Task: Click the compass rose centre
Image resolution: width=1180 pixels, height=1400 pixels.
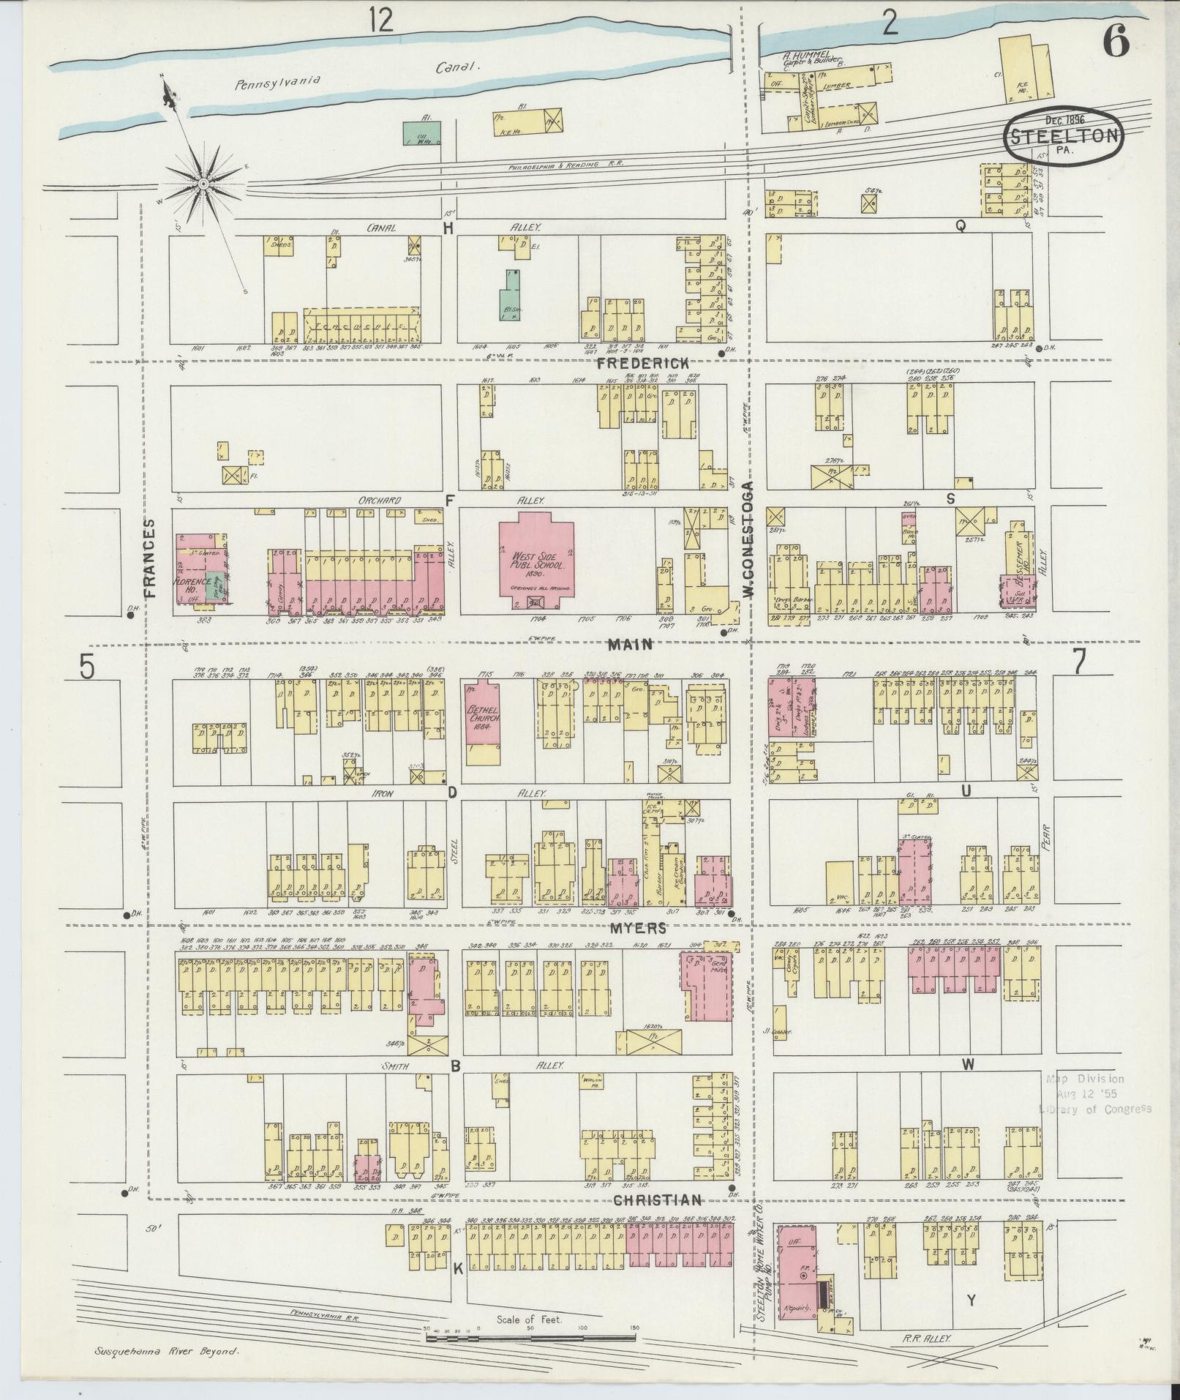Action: point(202,182)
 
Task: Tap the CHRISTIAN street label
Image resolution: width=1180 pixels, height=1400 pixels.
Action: point(647,1200)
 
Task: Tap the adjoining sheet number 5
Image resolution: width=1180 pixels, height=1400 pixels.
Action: point(87,666)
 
